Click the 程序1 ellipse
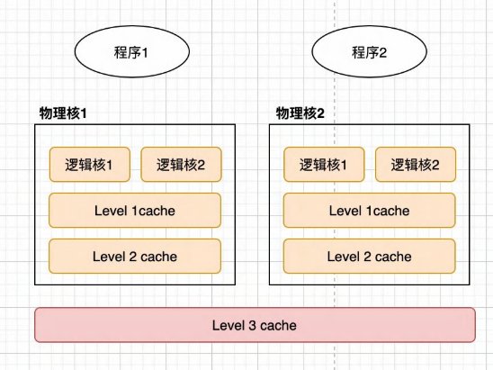(132, 51)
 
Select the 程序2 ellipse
(369, 51)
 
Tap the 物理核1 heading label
(63, 113)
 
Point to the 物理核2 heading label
(300, 113)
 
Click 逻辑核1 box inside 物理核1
(90, 165)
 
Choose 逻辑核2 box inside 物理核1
(181, 165)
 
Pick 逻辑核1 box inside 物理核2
(324, 165)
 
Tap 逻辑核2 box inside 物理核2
(416, 165)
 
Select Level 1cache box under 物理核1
(135, 210)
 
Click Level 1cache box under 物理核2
(370, 210)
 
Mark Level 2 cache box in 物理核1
(135, 256)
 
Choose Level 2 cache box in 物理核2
(370, 256)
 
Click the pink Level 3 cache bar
(255, 325)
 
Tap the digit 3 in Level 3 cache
(252, 325)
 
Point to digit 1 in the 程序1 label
(144, 52)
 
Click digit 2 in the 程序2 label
(382, 52)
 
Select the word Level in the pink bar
(229, 325)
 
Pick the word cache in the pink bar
(278, 325)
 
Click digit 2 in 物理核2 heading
(320, 113)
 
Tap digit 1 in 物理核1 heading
(84, 113)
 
